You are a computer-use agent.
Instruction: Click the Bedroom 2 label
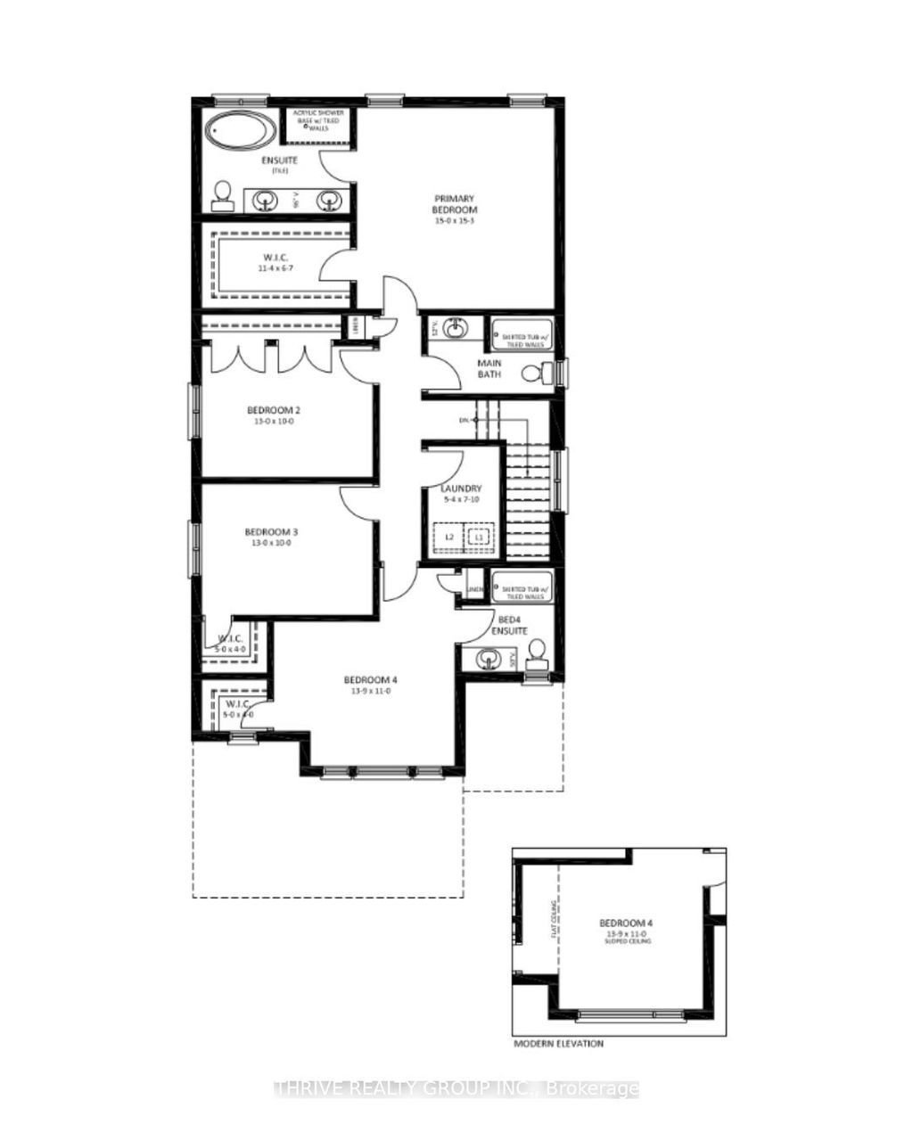274,415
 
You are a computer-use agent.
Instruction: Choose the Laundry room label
461,494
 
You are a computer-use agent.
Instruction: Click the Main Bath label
489,368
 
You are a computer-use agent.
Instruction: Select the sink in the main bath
455,329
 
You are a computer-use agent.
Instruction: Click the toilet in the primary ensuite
222,196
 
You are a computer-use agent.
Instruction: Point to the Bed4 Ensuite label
512,624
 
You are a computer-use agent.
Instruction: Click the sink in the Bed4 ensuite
487,661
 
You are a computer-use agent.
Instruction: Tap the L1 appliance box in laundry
479,537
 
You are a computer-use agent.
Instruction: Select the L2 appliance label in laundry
450,537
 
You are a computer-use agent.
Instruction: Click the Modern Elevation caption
558,1043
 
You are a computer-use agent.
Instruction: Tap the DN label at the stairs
464,419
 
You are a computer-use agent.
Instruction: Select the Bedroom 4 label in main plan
368,685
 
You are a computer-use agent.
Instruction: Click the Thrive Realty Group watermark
456,1088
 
